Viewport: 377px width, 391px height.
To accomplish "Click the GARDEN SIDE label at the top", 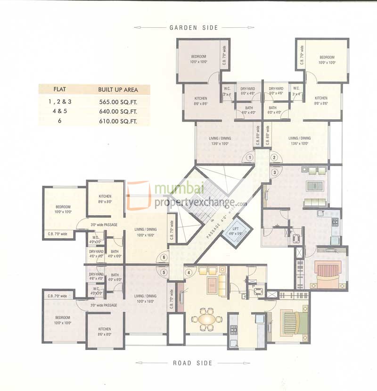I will coord(194,28).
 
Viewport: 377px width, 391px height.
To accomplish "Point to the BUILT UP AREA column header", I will coord(117,89).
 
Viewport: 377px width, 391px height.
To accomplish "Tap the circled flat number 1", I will coord(250,158).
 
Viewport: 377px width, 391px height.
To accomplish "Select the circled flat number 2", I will coord(274,158).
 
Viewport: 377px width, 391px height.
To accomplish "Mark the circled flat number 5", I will coord(164,272).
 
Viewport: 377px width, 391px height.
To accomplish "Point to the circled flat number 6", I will coord(164,258).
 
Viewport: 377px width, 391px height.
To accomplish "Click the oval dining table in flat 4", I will coord(206,319).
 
